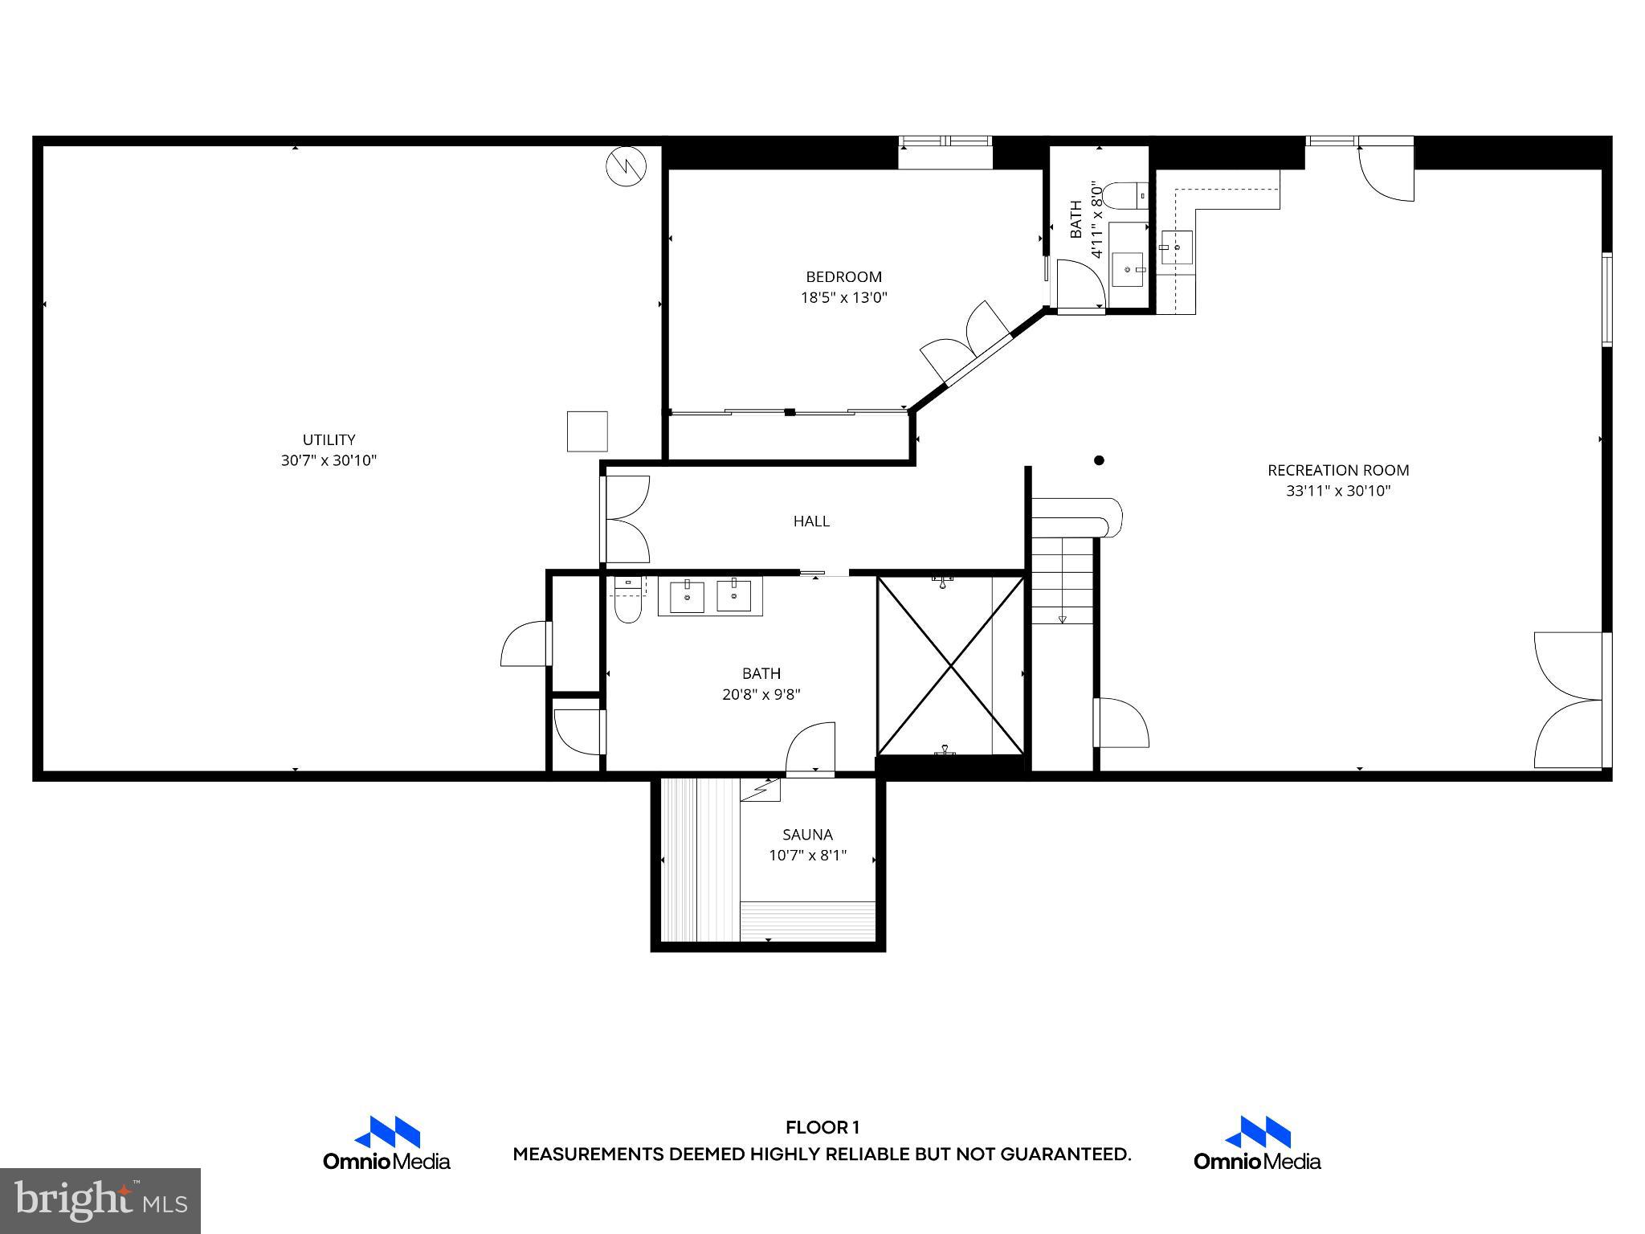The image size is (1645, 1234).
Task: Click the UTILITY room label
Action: (329, 439)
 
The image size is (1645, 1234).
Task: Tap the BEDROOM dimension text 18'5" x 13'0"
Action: (843, 297)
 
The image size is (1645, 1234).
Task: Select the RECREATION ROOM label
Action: (1338, 470)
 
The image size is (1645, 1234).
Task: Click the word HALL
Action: (811, 521)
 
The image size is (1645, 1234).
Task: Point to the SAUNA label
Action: (807, 835)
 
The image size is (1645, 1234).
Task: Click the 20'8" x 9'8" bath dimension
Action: (761, 694)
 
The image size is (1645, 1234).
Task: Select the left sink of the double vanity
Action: (687, 598)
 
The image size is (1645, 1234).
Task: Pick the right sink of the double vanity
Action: (733, 596)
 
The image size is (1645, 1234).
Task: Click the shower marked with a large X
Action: (950, 665)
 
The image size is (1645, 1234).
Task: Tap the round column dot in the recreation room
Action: (1099, 460)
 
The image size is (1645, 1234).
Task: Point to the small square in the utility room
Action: (587, 431)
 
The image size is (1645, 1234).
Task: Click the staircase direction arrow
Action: (1062, 618)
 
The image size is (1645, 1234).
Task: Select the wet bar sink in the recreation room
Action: (1178, 245)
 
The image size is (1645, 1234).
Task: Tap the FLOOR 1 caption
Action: (822, 1128)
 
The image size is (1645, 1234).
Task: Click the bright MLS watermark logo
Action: (100, 1201)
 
